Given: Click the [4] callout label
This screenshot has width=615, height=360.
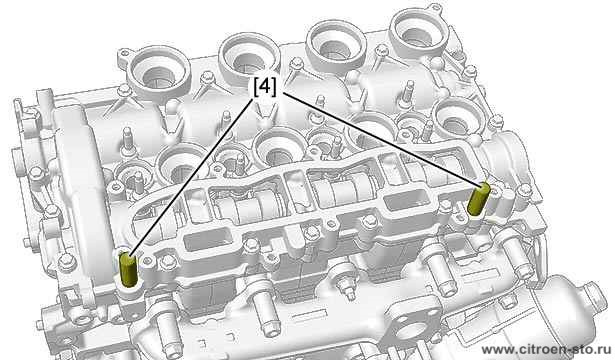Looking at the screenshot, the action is point(265,87).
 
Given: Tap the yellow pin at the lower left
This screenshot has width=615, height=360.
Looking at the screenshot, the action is point(127,269).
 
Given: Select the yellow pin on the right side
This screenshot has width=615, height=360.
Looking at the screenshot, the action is point(479,199).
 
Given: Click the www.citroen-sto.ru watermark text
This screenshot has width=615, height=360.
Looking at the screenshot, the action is point(546,349).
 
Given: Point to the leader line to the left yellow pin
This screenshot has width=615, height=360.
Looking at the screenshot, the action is point(191,178).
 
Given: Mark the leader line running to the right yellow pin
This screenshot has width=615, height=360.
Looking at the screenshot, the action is point(381,139).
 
